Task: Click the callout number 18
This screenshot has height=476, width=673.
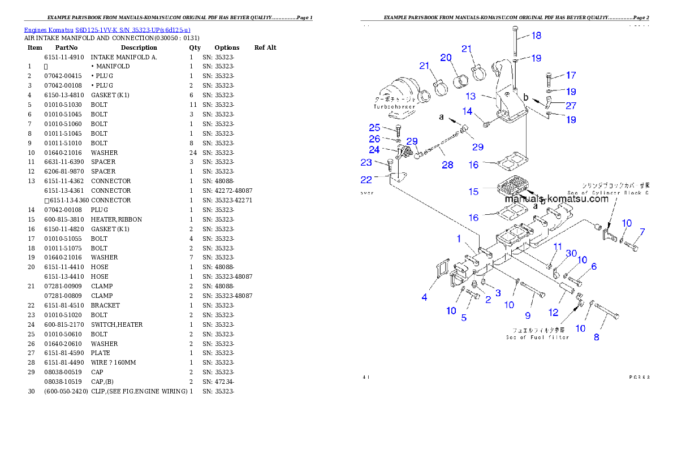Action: pyautogui.click(x=536, y=36)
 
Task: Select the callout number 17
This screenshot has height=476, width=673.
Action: pyautogui.click(x=571, y=75)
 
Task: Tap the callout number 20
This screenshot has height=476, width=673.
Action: pyautogui.click(x=446, y=58)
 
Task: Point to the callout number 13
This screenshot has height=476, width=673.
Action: pyautogui.click(x=471, y=97)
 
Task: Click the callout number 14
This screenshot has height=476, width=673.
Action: pyautogui.click(x=467, y=111)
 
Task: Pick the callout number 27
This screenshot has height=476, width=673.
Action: pyautogui.click(x=571, y=105)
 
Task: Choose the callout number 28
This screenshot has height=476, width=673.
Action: pyautogui.click(x=447, y=165)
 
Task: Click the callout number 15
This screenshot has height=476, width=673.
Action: pyautogui.click(x=473, y=192)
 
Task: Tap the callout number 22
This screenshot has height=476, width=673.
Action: pyautogui.click(x=366, y=180)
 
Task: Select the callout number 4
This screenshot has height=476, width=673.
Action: pyautogui.click(x=424, y=297)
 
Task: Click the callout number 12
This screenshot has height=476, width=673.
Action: pyautogui.click(x=553, y=312)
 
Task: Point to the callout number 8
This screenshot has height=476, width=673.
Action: pyautogui.click(x=596, y=337)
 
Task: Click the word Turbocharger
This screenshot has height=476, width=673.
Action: pyautogui.click(x=394, y=106)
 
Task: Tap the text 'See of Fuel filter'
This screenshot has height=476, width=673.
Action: pyautogui.click(x=537, y=337)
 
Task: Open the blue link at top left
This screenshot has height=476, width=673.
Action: pyautogui.click(x=107, y=30)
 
